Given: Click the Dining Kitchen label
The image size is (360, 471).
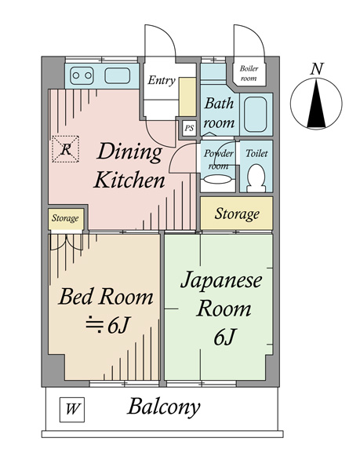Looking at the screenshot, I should tap(129, 166).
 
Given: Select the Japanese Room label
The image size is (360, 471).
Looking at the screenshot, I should tap(223, 307).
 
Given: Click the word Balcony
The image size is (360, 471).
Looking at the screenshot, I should tap(164, 407).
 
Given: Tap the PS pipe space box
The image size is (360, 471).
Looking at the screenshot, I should tap(189, 128).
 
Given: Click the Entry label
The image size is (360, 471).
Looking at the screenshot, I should tap(161, 80).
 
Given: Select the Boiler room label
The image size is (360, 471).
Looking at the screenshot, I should tap(249, 74).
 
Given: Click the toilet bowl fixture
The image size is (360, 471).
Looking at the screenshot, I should tap(256, 180).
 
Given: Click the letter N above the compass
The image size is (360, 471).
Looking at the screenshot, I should tap(317, 69).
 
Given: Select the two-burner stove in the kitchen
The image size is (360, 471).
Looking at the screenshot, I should tap(82, 76).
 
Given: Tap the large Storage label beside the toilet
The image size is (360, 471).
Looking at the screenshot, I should tap(236, 214).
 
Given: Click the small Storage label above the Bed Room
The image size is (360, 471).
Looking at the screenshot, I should tap(65, 218).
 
